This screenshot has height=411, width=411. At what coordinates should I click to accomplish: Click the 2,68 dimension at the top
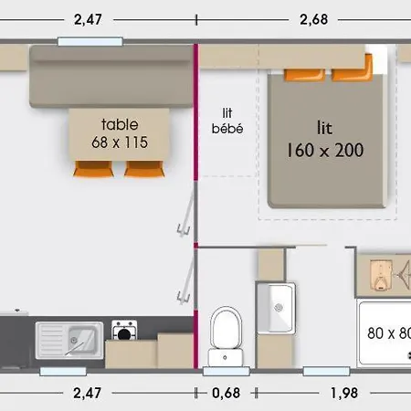[x=314, y=19]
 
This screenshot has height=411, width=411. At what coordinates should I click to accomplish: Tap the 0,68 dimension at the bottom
[x=226, y=393]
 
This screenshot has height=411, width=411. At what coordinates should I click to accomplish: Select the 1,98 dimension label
[x=344, y=393]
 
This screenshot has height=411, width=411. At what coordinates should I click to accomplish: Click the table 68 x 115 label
[x=120, y=133]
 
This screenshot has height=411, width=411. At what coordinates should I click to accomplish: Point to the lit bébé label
[x=227, y=121]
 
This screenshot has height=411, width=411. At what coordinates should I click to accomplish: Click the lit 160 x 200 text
[x=325, y=140]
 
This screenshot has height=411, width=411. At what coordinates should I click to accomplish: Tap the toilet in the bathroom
[x=226, y=337]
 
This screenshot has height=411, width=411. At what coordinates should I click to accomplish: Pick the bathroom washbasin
[x=277, y=308]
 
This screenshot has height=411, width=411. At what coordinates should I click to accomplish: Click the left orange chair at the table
[x=93, y=169]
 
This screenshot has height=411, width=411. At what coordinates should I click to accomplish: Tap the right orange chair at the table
[x=144, y=169]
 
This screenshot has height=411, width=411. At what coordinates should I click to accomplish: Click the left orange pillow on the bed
[x=304, y=75]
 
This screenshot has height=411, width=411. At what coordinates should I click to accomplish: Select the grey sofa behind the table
[x=111, y=76]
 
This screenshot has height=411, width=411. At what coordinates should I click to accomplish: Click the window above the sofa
[x=90, y=41]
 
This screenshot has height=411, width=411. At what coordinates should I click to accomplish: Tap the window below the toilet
[x=227, y=372]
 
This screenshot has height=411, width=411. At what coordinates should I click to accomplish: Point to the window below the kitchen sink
[x=63, y=372]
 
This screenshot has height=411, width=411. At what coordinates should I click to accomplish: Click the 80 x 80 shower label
[x=389, y=333]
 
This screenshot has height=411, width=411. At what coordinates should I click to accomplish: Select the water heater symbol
[x=380, y=276]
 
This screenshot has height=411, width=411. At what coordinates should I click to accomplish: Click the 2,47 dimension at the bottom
[x=87, y=393]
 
